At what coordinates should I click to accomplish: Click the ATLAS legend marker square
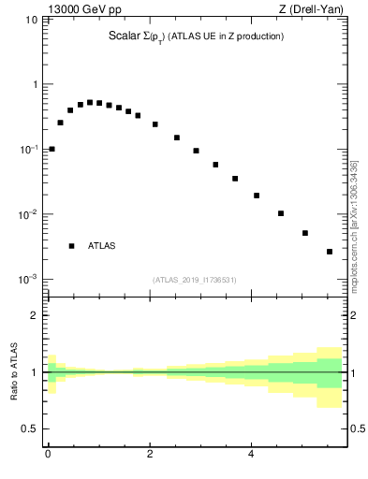point(71,246)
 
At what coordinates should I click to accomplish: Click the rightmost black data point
point(330,252)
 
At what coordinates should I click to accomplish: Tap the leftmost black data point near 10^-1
point(52,149)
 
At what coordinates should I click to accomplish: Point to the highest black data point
point(90,102)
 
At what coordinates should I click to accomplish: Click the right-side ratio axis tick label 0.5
point(356,428)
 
